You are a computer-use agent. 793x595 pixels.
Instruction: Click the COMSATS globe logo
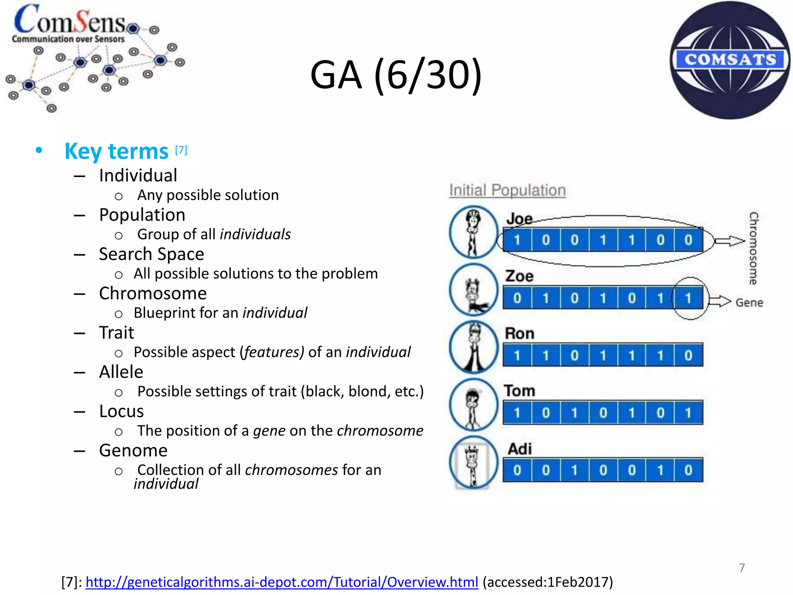click(x=730, y=60)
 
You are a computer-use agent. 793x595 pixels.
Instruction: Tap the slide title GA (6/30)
click(x=396, y=75)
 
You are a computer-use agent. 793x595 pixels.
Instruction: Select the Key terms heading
click(x=116, y=151)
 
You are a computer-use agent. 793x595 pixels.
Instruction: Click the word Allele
click(x=121, y=372)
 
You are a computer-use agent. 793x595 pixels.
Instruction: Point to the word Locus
click(x=121, y=411)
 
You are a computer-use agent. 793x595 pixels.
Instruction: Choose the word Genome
click(x=133, y=451)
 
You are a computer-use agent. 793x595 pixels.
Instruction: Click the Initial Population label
click(x=507, y=190)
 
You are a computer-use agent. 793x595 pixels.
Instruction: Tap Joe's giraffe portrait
click(x=473, y=232)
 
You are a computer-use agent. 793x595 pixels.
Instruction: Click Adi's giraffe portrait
click(x=473, y=463)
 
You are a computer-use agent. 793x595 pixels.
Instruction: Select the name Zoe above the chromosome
click(x=519, y=276)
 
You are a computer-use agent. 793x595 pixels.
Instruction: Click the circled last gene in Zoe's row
click(x=688, y=298)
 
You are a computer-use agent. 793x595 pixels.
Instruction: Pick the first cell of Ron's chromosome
click(x=517, y=355)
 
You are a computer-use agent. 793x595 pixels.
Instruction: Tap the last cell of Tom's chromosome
click(x=688, y=413)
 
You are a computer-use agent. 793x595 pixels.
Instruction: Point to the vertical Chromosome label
click(x=753, y=248)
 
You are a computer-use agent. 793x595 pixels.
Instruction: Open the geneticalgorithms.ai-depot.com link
click(x=281, y=582)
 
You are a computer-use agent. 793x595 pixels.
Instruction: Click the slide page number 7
click(x=742, y=567)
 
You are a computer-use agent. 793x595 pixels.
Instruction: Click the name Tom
click(x=519, y=391)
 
